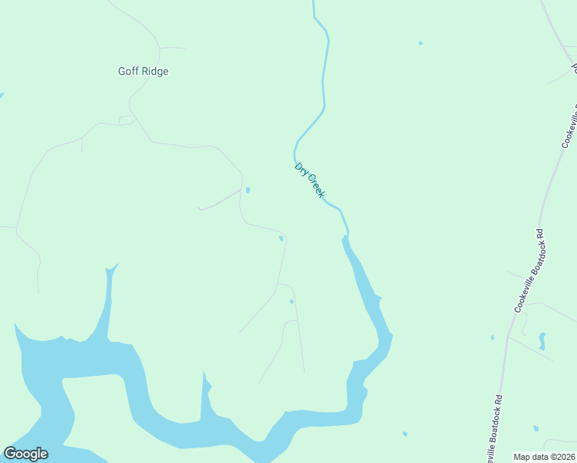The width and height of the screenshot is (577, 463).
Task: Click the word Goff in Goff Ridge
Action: point(129,72)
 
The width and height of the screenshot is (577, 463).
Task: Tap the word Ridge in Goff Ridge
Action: point(154,72)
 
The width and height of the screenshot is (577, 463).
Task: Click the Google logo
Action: point(25,454)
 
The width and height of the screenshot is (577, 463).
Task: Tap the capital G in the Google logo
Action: point(10,454)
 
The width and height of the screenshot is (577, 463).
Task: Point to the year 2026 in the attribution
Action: point(564,457)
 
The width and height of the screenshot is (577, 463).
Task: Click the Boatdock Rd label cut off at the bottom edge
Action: point(495,429)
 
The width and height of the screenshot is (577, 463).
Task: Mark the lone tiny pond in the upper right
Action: point(420,43)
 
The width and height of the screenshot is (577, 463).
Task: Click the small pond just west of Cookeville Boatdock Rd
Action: point(492,337)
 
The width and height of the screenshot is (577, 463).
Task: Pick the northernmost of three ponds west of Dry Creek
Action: point(247,189)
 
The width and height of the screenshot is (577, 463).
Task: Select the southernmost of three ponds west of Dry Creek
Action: point(291,301)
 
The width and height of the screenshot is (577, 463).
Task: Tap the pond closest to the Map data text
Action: point(536,428)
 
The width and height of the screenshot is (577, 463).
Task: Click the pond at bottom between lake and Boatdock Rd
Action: point(404,434)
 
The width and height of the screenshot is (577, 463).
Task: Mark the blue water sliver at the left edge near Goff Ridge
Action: point(2,96)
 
